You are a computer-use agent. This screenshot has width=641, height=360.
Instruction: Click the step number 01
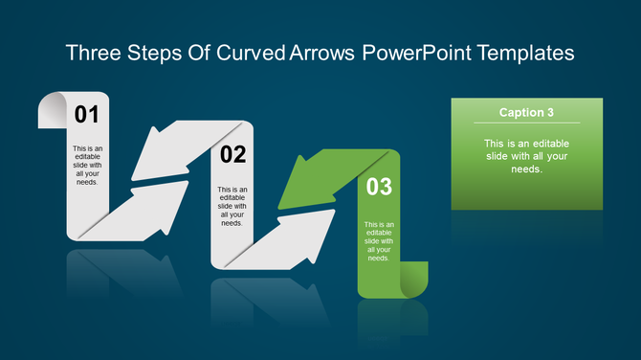pos(87,116)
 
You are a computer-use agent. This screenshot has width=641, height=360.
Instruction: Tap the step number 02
pos(232,154)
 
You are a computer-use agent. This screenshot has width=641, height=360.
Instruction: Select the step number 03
pos(379,187)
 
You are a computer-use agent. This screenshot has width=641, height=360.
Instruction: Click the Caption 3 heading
pos(526,112)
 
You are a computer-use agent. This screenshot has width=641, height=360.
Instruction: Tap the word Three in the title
pos(94,53)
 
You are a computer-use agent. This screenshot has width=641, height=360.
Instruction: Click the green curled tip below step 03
pos(412,281)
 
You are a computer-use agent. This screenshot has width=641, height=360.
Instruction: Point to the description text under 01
pos(87,165)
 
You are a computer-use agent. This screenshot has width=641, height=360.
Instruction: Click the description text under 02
pos(232,206)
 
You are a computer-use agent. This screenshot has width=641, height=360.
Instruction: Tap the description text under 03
pos(379,240)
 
